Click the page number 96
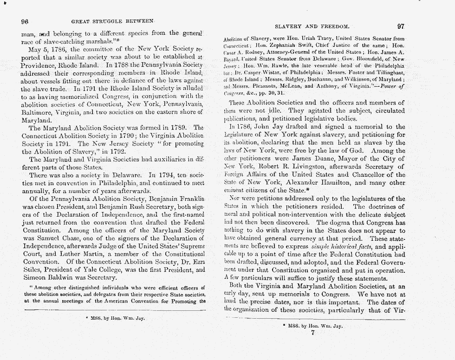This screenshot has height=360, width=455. pyautogui.click(x=26, y=21)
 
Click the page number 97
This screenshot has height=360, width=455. pyautogui.click(x=401, y=27)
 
